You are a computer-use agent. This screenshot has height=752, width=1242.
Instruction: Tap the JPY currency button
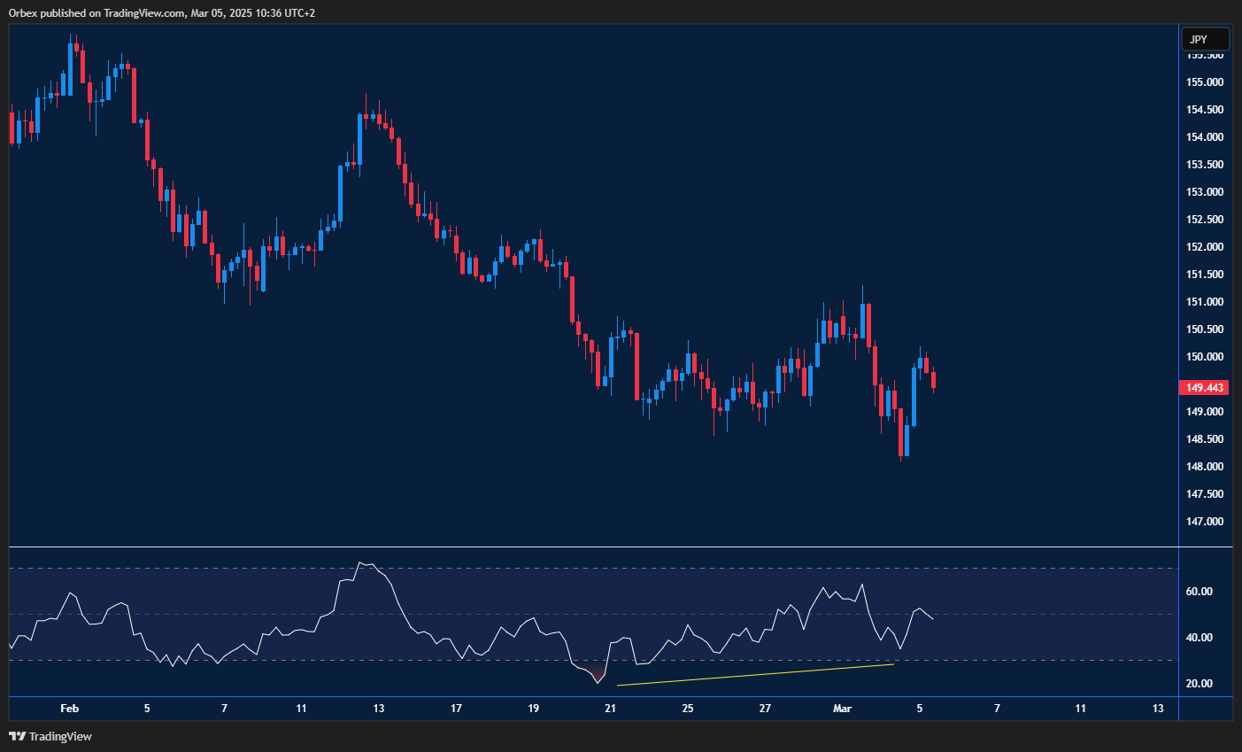tap(1205, 39)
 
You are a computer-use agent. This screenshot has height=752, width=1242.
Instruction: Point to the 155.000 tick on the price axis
tap(1205, 82)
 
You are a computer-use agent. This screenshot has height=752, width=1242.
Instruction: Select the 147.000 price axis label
tap(1205, 522)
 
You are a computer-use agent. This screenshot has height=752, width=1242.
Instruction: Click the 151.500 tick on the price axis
tap(1205, 275)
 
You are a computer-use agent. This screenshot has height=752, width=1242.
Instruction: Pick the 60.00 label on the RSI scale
tap(1199, 592)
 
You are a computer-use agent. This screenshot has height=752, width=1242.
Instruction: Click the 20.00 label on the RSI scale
tap(1199, 684)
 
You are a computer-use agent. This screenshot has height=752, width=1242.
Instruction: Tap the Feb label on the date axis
tap(69, 709)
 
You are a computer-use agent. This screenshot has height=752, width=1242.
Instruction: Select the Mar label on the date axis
tap(842, 709)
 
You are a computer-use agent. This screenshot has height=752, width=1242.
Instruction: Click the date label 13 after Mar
tap(1158, 709)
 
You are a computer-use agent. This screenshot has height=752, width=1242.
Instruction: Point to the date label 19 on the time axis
tap(533, 709)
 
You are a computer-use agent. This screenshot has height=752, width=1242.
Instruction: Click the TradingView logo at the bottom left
tap(50, 736)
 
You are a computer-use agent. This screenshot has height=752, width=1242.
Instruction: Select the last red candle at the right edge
tap(933, 380)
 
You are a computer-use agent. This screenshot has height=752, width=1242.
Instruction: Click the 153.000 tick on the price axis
tap(1205, 192)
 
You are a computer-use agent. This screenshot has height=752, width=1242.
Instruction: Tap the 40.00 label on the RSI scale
tap(1199, 638)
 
